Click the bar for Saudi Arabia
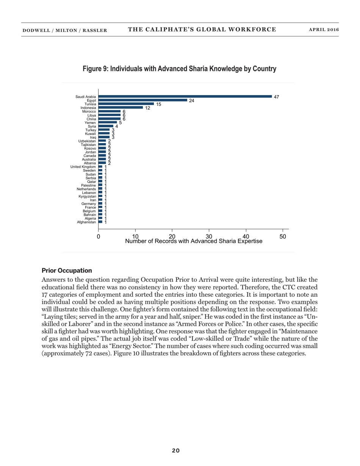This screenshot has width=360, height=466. pos(185,97)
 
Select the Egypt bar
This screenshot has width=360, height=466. pos(143,100)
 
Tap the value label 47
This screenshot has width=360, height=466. pos(276,97)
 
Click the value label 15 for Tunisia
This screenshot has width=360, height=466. pos(159,104)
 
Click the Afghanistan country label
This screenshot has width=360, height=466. pos(86,222)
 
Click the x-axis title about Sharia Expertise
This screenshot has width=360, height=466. pos(193,241)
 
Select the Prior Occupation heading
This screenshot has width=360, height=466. pos(66,271)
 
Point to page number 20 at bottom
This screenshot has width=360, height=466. pos(176,450)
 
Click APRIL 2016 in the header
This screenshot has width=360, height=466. pos(324,30)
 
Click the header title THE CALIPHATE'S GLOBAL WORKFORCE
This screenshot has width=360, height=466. pos(202,30)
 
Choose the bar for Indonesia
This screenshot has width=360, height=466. pos(121,108)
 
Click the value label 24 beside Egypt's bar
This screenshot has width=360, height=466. pos(192,101)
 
